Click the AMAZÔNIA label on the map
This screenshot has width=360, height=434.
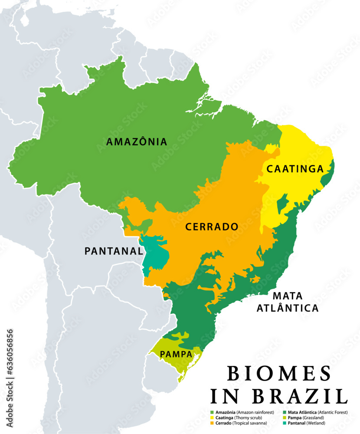(137, 141)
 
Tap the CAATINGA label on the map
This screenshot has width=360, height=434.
(295, 169)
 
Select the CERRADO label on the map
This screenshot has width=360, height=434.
(212, 227)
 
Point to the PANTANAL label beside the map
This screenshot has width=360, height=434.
(113, 251)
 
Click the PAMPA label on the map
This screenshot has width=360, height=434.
(176, 354)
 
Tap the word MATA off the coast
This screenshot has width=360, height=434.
(288, 296)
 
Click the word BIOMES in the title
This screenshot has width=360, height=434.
(279, 374)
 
